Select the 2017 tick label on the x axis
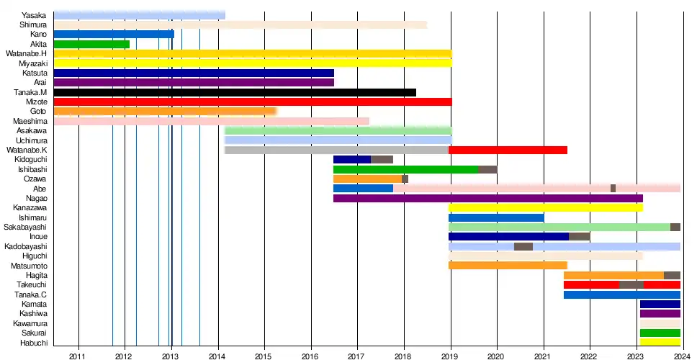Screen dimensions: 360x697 tap(357, 356)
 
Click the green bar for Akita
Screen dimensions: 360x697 tap(91, 44)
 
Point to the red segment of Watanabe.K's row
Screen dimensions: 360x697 tap(508, 150)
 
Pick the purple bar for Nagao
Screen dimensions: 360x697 tap(487, 198)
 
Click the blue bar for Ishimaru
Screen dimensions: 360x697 tap(496, 217)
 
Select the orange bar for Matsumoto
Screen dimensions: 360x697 tap(508, 266)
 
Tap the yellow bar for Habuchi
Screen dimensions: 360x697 tap(660, 342)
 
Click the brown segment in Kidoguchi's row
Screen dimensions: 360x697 tap(382, 160)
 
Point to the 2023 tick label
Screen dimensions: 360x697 tap(636, 356)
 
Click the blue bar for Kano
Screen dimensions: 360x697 tap(114, 34)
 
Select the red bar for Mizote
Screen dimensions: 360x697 tap(253, 102)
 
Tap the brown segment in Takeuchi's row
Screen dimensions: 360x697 tap(631, 285)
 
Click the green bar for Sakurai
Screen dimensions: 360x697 tap(660, 333)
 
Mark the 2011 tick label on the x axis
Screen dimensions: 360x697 tap(78, 356)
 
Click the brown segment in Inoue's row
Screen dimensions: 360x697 tap(580, 236)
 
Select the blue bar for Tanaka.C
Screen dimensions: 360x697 tap(621, 294)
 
